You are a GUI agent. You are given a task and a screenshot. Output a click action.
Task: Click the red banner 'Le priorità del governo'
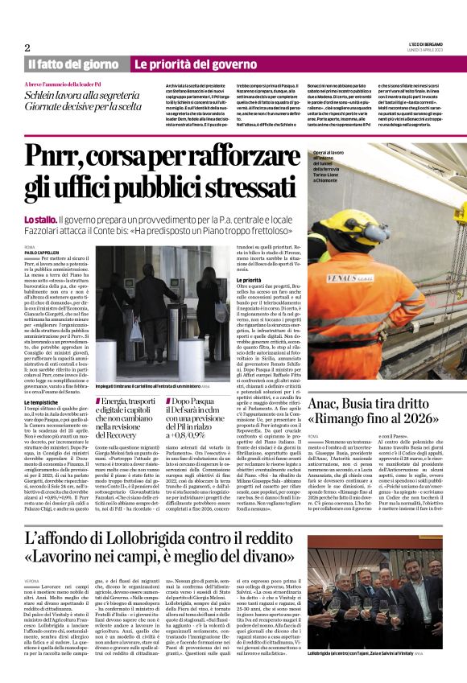tap(184, 64)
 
